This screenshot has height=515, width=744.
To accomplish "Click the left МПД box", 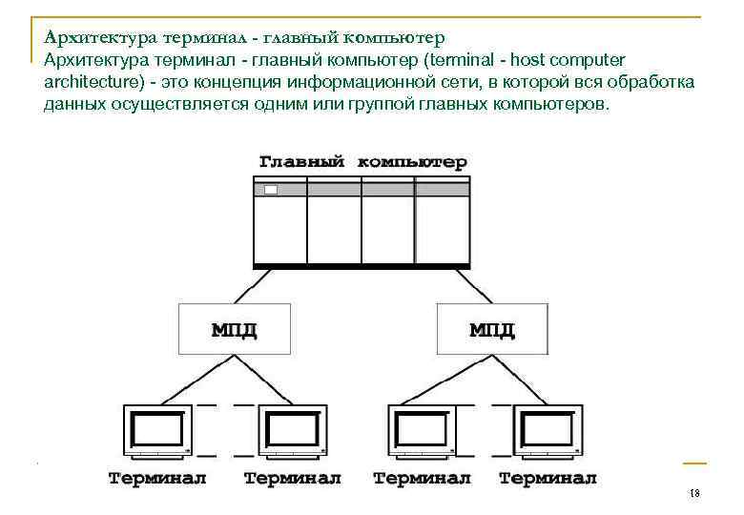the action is tap(233, 330).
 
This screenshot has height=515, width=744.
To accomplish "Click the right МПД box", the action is tap(492, 330).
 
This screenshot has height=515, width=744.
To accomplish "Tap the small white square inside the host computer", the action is tap(271, 190).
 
